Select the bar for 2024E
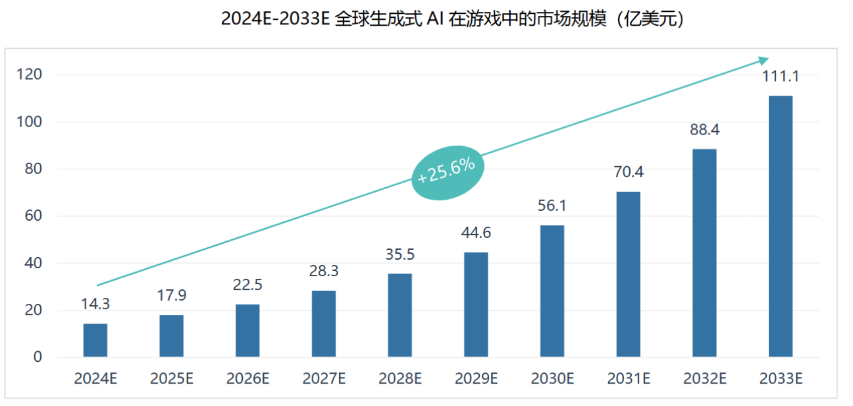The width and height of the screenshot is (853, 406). pyautogui.click(x=95, y=340)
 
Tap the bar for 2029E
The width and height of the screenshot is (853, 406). pyautogui.click(x=476, y=304)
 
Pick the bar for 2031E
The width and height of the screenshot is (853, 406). pyautogui.click(x=628, y=274)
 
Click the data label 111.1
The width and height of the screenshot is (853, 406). pyautogui.click(x=780, y=76)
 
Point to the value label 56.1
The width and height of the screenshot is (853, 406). pyautogui.click(x=552, y=206)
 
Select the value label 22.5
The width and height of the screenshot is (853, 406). pyautogui.click(x=247, y=285)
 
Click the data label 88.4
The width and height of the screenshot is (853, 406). pyautogui.click(x=704, y=130)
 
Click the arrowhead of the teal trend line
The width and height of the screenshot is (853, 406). pyautogui.click(x=763, y=61)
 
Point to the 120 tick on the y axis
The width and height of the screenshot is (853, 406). pyautogui.click(x=30, y=74)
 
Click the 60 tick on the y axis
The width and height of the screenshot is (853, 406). pyautogui.click(x=33, y=216)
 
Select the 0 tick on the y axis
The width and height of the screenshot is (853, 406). pyautogui.click(x=38, y=357)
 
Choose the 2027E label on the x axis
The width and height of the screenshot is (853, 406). pyautogui.click(x=324, y=379)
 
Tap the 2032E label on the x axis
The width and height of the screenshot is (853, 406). pyautogui.click(x=704, y=379)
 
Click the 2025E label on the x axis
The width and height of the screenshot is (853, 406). pyautogui.click(x=172, y=379)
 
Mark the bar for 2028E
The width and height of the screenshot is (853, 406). pyautogui.click(x=400, y=315)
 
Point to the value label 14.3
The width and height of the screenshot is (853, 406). pyautogui.click(x=95, y=304)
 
